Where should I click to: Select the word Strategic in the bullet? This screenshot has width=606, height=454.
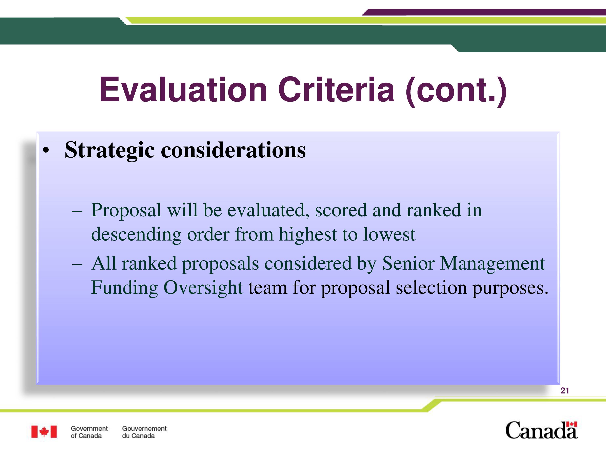(x=109, y=150)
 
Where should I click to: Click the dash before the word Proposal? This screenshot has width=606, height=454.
(x=77, y=211)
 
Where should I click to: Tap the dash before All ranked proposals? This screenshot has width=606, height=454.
(x=77, y=265)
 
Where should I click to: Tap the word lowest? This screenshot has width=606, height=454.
(x=389, y=234)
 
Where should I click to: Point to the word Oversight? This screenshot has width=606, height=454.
(x=203, y=288)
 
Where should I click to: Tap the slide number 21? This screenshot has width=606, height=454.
(x=565, y=391)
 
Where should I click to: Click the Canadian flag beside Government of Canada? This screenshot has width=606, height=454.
(x=44, y=432)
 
